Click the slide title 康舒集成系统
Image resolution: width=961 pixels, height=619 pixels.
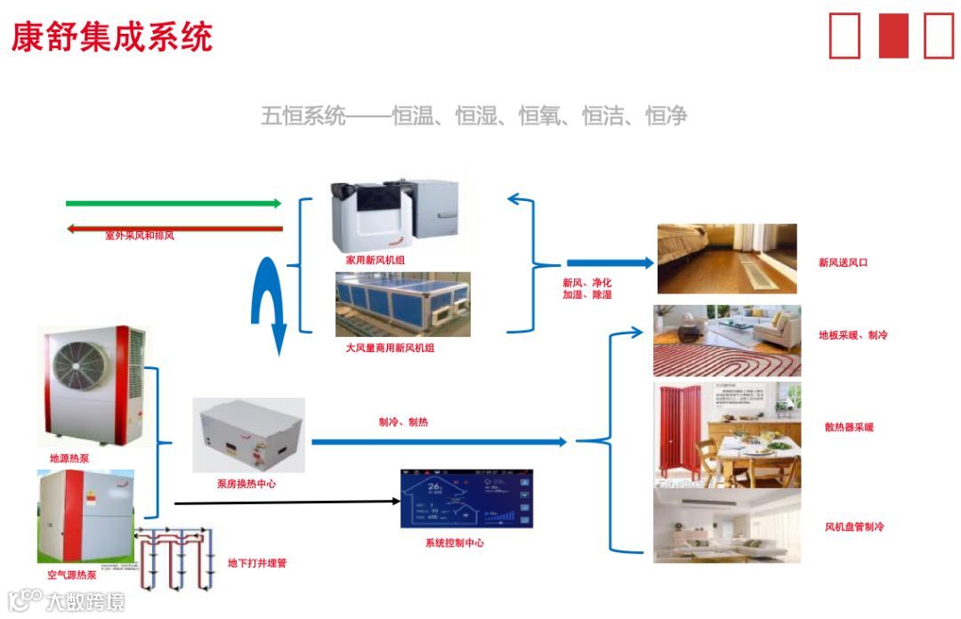(112, 36)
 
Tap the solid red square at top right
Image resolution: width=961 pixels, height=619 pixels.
(893, 36)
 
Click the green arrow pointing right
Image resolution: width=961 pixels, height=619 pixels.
(174, 204)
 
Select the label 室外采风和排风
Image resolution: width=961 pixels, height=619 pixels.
(140, 237)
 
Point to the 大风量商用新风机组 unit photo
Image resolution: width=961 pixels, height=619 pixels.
(402, 304)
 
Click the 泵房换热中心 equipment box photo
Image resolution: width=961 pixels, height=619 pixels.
(248, 434)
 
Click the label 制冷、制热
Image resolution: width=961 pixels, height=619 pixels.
(403, 422)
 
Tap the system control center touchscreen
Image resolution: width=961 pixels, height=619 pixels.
(467, 498)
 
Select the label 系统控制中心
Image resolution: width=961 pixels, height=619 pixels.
(455, 543)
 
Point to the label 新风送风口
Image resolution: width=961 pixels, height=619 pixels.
(843, 262)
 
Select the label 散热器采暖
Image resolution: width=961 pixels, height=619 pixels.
(849, 427)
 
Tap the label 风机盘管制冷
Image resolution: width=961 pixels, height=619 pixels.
(853, 527)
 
